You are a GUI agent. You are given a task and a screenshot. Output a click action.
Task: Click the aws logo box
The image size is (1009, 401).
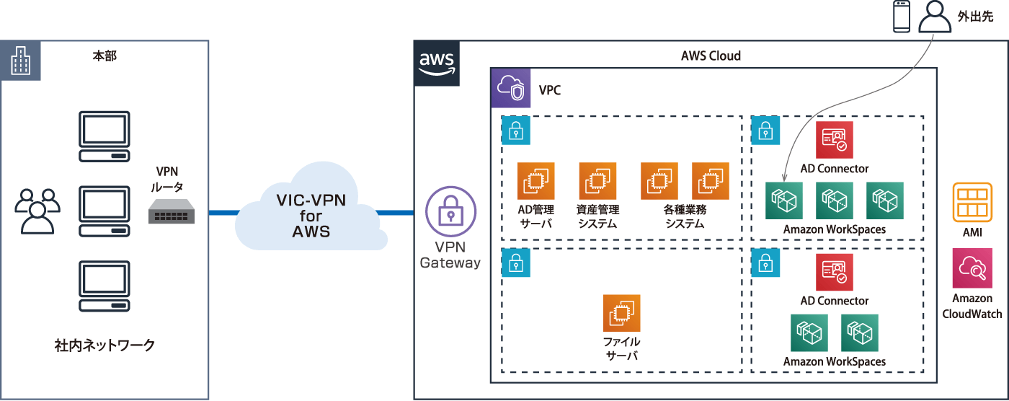tap(437, 64)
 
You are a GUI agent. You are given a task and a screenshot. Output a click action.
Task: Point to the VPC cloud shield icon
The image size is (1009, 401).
tap(510, 89)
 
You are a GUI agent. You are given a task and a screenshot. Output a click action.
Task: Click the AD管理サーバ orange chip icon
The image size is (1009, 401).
tap(535, 181)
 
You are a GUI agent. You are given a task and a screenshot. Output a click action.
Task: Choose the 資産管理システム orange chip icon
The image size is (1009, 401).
tap(597, 181)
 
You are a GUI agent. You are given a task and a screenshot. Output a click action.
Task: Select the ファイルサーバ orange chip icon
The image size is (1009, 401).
tap(621, 313)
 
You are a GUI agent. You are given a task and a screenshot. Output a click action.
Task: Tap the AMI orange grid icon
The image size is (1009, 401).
tap(972, 202)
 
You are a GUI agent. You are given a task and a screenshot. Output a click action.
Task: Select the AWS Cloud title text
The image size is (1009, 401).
tap(711, 56)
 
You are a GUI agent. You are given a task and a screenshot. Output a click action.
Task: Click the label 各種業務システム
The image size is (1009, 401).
tap(684, 216)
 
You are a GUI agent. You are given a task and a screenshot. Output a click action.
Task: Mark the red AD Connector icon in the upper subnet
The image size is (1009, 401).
tap(835, 140)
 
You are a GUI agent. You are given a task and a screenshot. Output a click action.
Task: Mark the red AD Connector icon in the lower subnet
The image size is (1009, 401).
tap(835, 272)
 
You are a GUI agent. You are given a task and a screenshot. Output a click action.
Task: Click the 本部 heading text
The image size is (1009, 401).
tap(105, 56)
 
